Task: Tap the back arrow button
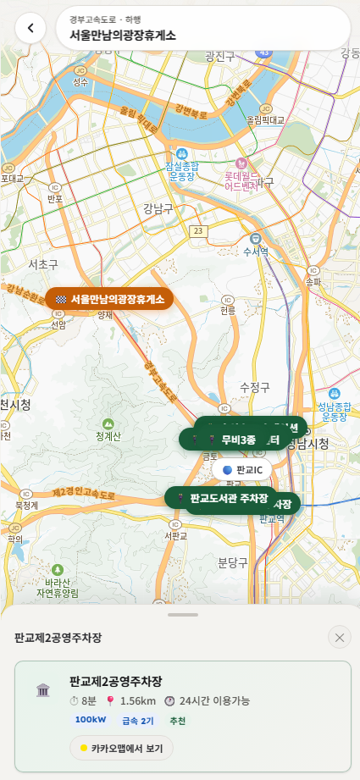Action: [30, 29]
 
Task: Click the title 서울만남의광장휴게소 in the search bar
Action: [123, 36]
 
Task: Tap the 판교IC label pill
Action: [243, 469]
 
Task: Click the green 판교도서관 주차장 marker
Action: [221, 498]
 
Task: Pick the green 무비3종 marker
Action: [230, 440]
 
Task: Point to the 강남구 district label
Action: [158, 207]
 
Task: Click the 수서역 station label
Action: [255, 252]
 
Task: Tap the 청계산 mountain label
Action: [108, 436]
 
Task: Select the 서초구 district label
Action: [42, 265]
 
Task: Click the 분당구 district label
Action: [232, 561]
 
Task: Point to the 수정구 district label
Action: [254, 387]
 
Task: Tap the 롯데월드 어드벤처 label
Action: [241, 180]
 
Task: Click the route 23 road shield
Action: [197, 230]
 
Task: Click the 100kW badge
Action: [91, 721]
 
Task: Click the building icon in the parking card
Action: [43, 690]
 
